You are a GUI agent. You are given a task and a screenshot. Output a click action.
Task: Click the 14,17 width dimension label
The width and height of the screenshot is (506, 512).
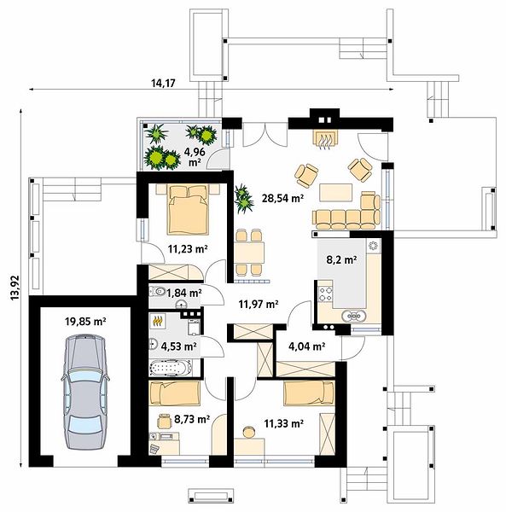(163, 84)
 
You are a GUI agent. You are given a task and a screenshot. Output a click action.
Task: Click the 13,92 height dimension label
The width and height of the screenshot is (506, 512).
(15, 288)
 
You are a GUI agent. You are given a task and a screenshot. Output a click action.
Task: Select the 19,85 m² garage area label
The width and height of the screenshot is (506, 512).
(85, 322)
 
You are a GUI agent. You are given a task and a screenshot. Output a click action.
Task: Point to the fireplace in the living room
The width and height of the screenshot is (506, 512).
(326, 139)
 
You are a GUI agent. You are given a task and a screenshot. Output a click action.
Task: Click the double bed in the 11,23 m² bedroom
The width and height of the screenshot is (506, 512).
(188, 209)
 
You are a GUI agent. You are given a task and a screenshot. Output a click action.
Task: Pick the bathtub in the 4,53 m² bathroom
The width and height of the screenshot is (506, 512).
(171, 368)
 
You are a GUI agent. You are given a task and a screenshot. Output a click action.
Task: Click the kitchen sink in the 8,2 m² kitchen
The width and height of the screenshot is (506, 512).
(354, 316)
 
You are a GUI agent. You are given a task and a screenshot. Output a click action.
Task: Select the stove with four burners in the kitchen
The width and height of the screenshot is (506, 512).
(326, 294)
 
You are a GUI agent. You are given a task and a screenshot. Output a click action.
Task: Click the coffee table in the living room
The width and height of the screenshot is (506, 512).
(336, 193)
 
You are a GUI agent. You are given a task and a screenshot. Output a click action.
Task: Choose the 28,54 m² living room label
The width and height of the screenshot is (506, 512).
(283, 198)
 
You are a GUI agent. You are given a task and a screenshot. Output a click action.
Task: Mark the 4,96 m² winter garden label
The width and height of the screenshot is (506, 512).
(195, 156)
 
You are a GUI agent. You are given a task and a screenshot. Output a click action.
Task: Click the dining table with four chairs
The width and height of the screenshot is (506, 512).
(249, 252)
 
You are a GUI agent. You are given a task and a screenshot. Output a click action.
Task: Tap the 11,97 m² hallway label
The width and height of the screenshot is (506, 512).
(259, 305)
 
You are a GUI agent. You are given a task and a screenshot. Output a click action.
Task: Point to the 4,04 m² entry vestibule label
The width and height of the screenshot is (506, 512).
(307, 346)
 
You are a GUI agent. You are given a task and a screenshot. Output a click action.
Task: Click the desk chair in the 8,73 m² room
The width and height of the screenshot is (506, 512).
(164, 421)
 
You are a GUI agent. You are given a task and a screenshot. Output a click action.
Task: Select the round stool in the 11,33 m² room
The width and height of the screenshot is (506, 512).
(249, 432)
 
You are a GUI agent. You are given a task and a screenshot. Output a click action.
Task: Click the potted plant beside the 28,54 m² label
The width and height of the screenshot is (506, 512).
(243, 199)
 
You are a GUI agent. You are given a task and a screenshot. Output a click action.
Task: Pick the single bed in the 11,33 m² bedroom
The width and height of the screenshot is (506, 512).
(309, 393)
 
